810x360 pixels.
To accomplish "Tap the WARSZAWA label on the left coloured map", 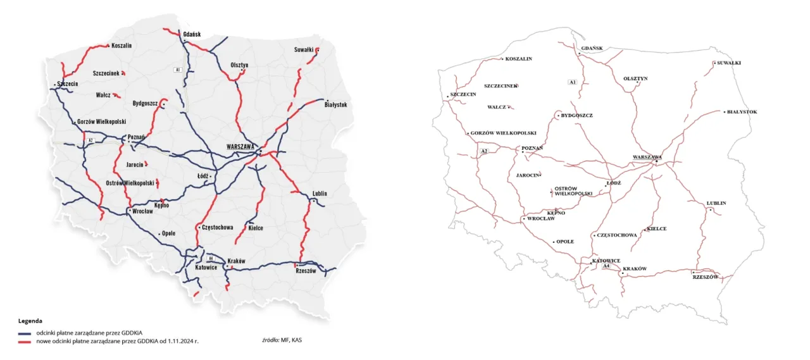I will [x=240, y=146].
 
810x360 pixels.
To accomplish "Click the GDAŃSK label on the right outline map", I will [x=592, y=48].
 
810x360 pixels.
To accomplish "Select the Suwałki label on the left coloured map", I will [x=304, y=49].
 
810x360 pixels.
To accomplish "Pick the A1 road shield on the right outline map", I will [x=572, y=82].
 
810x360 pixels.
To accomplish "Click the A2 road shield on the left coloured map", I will [x=90, y=140].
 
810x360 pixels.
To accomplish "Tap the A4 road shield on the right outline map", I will [x=606, y=266].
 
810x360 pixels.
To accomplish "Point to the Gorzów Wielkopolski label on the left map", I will [x=102, y=121].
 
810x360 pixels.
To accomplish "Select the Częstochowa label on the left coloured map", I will [x=217, y=227].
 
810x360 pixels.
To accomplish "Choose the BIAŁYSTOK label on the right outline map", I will [x=742, y=112].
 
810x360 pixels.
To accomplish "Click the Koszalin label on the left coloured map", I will [x=121, y=46].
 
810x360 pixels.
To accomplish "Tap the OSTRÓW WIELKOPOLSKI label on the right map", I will [x=573, y=191].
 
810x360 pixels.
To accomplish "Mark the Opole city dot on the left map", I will [x=159, y=234].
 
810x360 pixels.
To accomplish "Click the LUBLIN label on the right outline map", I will [x=716, y=203].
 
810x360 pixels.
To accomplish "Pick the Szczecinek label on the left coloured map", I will [x=106, y=73].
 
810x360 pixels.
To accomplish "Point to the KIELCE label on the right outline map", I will [x=657, y=229].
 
